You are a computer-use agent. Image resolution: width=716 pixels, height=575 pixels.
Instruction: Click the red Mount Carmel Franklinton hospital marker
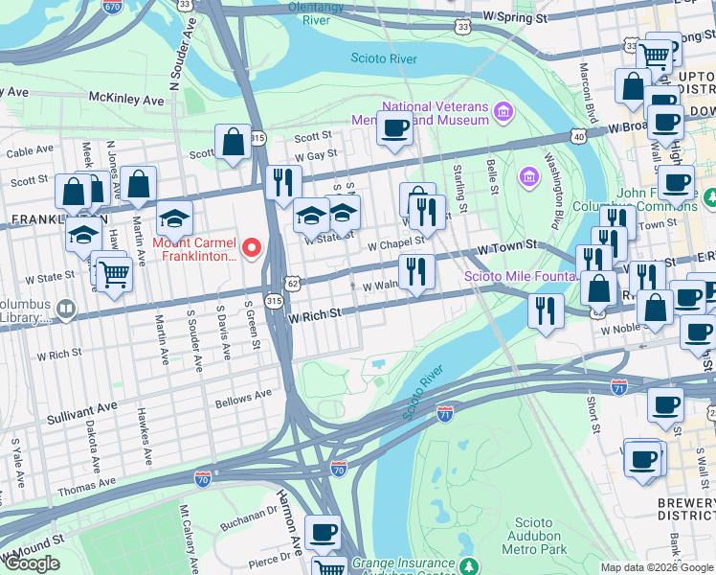pyautogui.click(x=253, y=249)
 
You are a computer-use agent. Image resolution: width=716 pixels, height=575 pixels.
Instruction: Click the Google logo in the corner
pyautogui.click(x=32, y=563)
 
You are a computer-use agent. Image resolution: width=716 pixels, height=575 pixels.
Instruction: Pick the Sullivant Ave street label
pyautogui.click(x=82, y=406)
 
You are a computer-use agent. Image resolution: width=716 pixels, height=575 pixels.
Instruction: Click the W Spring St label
pyautogui.click(x=515, y=16)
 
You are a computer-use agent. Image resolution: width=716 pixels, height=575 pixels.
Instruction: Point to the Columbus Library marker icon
pyautogui.click(x=65, y=309)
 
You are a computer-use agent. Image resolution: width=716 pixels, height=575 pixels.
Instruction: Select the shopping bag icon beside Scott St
pyautogui.click(x=234, y=143)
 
